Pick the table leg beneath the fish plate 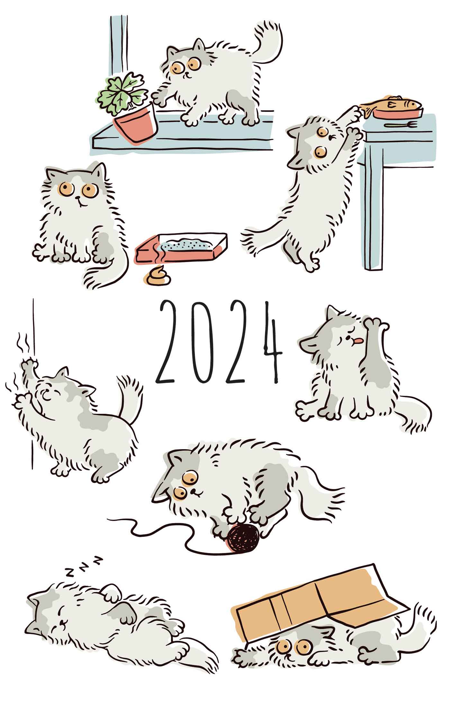click(x=373, y=206)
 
